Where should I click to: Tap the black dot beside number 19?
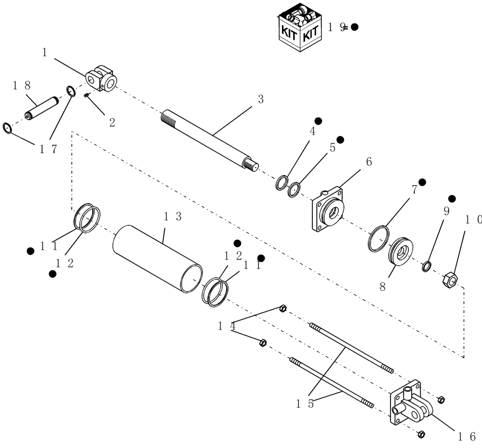(x=355, y=27)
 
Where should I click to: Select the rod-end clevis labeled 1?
(x=102, y=79)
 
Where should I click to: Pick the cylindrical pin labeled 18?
(x=41, y=109)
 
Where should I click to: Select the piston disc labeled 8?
(x=400, y=251)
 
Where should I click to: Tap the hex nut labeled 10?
(x=449, y=279)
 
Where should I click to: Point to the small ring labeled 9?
(x=427, y=266)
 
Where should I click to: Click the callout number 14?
(x=227, y=326)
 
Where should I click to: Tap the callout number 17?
(x=48, y=149)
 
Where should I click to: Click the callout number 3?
(x=260, y=99)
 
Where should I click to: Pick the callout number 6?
(x=369, y=162)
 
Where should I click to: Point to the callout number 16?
(x=467, y=436)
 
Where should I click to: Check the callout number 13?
(x=172, y=217)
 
